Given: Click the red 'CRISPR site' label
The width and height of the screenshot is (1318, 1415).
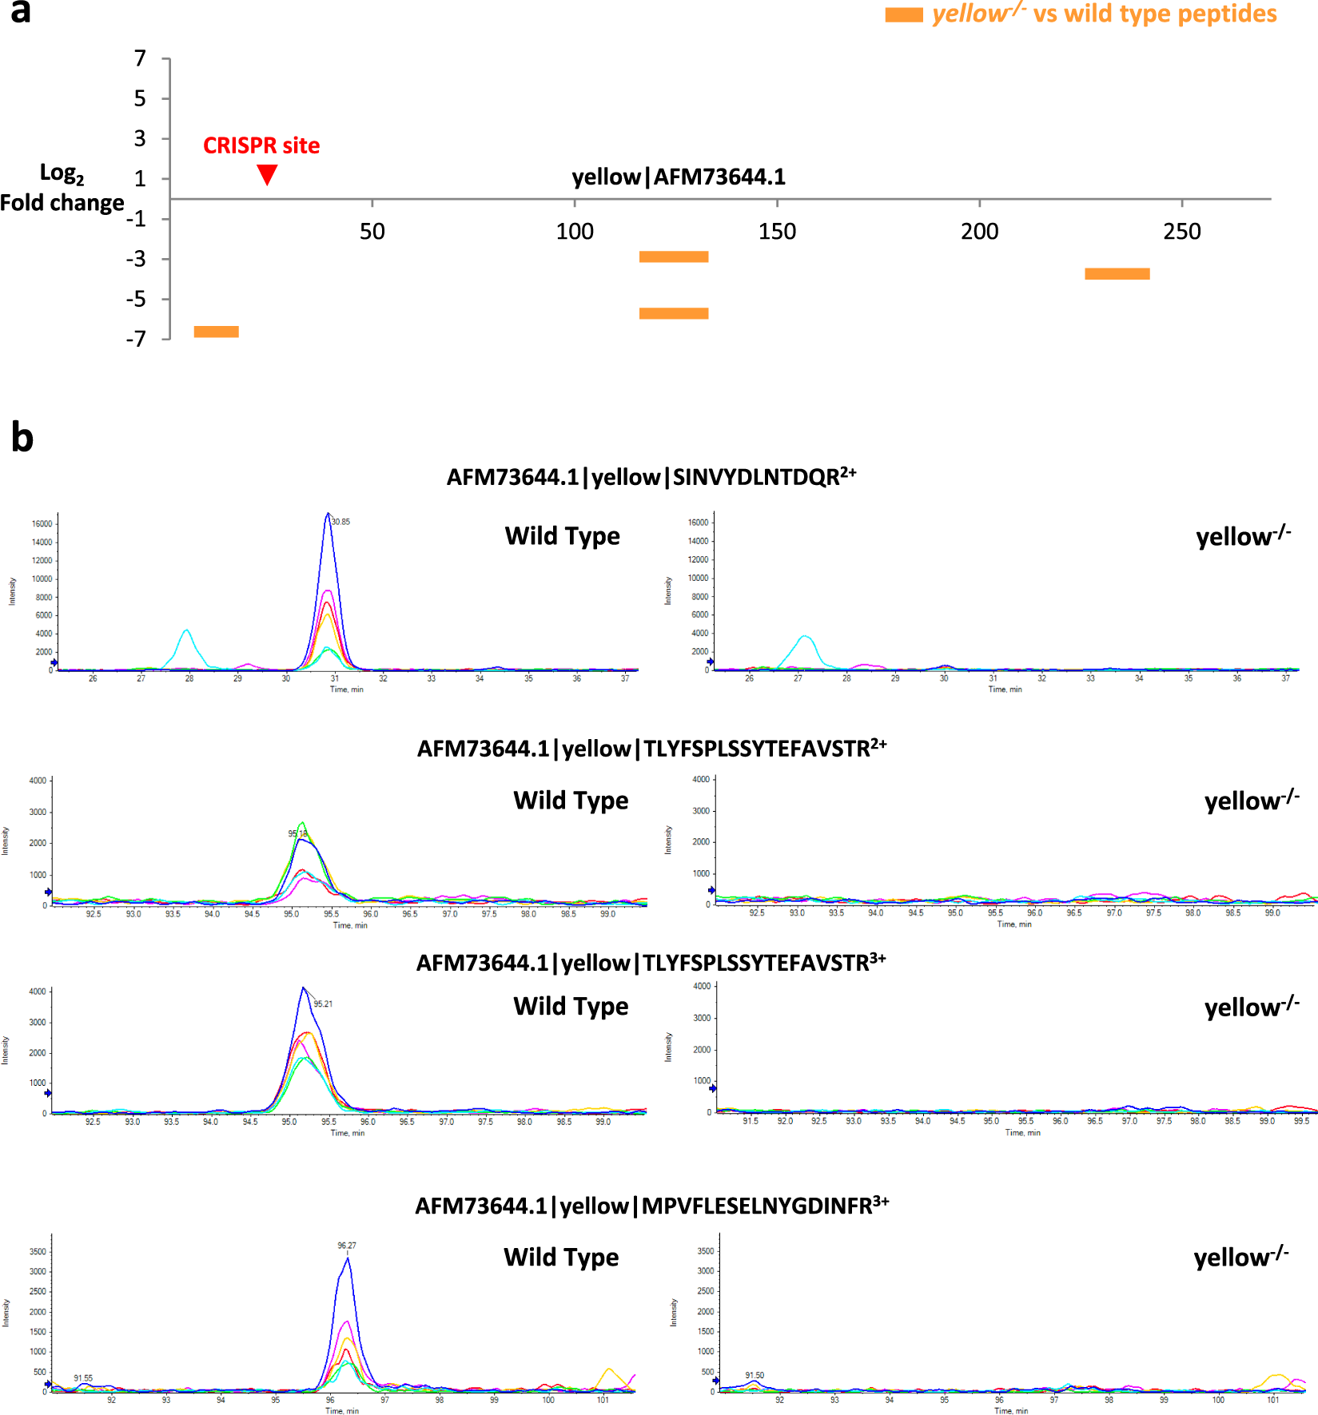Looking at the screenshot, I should (261, 145).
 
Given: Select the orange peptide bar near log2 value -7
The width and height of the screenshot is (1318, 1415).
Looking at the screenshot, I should (216, 332).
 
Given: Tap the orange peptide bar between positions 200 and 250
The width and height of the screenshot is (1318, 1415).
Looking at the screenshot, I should (1117, 274).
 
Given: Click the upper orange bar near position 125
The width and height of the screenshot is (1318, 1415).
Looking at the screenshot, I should (673, 256).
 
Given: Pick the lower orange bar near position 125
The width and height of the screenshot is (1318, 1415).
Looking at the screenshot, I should (673, 313).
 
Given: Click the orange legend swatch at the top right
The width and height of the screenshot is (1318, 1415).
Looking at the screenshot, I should (903, 15).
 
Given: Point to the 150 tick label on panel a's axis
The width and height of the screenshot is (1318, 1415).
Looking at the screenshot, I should (777, 232).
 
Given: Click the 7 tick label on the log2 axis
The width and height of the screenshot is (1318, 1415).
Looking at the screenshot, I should (141, 58).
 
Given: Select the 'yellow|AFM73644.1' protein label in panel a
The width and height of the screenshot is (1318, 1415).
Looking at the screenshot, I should (679, 177).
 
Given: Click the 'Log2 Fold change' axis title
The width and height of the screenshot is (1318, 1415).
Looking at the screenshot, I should (62, 189).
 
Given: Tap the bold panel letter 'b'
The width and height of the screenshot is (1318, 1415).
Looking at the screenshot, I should (22, 438).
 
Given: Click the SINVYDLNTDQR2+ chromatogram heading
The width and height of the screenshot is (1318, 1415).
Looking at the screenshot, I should (651, 477).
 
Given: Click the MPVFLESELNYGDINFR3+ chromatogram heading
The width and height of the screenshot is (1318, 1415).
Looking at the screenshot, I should (651, 1206).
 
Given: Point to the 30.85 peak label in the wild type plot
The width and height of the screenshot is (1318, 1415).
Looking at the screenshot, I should (340, 522).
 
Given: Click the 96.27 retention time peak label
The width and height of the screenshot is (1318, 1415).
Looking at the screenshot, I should (347, 1246).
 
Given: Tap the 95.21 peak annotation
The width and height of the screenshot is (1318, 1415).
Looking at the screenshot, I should (323, 1004).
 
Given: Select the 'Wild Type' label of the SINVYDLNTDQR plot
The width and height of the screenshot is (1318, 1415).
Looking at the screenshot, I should (562, 536).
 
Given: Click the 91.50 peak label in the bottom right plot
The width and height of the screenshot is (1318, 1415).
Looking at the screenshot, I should (755, 1376).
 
